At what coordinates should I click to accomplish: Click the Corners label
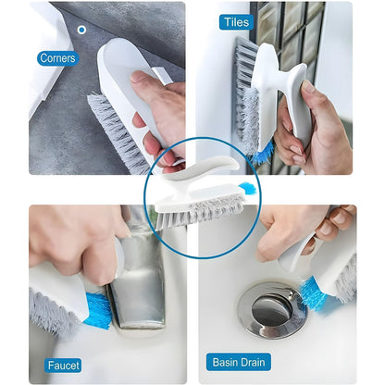pyautogui.click(x=57, y=58)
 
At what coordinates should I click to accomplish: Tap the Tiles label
pyautogui.click(x=236, y=22)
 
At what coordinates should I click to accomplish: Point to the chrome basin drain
pyautogui.click(x=271, y=310)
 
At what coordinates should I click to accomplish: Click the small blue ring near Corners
pyautogui.click(x=81, y=30)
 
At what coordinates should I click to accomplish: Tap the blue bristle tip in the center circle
pyautogui.click(x=246, y=189)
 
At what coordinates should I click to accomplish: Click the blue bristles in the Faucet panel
pyautogui.click(x=98, y=310)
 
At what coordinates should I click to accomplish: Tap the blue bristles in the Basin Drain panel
pyautogui.click(x=313, y=293)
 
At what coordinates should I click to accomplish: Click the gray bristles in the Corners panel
pyautogui.click(x=116, y=130)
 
